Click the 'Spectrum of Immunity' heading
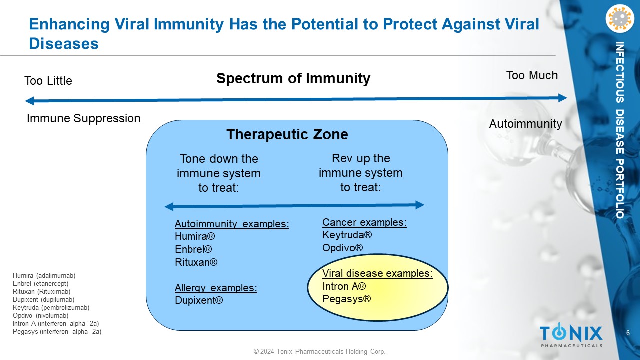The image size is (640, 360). (x=293, y=79)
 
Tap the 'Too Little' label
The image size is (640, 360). (x=48, y=81)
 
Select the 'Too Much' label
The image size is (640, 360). (x=532, y=75)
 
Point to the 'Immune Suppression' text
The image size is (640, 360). (x=83, y=118)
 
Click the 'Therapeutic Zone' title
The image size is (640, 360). (x=287, y=135)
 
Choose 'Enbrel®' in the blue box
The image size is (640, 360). (x=193, y=249)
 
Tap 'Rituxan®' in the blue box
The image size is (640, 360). (x=196, y=262)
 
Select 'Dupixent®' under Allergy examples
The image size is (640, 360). (x=199, y=300)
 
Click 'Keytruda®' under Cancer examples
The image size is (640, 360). (x=347, y=235)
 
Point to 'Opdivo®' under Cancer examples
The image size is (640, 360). (x=343, y=248)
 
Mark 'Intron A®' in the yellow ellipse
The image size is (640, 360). (x=344, y=286)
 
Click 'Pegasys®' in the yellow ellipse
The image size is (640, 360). (x=347, y=299)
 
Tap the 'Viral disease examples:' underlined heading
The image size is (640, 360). (x=377, y=273)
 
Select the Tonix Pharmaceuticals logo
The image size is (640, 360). (x=571, y=335)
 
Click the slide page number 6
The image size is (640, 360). (x=628, y=333)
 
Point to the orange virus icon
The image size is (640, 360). (x=619, y=19)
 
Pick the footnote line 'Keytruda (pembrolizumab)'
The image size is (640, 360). (x=51, y=308)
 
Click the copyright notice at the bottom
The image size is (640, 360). (x=319, y=352)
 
